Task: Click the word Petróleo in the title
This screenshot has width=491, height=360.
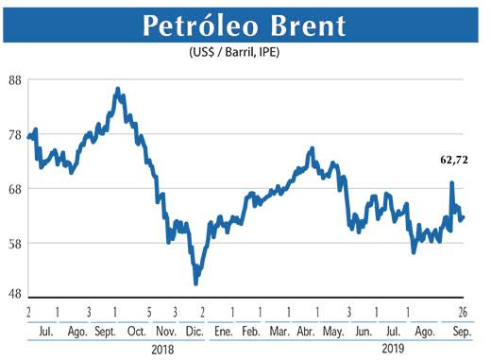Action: coord(197,26)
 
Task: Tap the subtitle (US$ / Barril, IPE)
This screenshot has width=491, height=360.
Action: coord(242,54)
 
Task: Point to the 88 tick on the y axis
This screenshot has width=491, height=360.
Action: coord(14,80)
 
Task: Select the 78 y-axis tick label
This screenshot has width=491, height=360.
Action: coord(14,135)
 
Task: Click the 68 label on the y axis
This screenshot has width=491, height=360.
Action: coord(14,189)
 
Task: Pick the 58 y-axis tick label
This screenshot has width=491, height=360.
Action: coord(14,243)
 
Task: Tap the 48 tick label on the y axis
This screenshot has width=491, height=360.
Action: coord(14,294)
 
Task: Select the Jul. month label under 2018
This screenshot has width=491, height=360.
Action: coord(44,332)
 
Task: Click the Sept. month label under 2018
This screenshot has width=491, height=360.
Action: coord(105,332)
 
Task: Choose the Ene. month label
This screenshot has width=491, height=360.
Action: coord(224,332)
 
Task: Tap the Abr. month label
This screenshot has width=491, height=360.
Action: coord(306,332)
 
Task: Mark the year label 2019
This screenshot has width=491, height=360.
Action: coord(394,349)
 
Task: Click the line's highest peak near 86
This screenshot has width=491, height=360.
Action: coord(117,90)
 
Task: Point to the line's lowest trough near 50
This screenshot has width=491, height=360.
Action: coord(195,283)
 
